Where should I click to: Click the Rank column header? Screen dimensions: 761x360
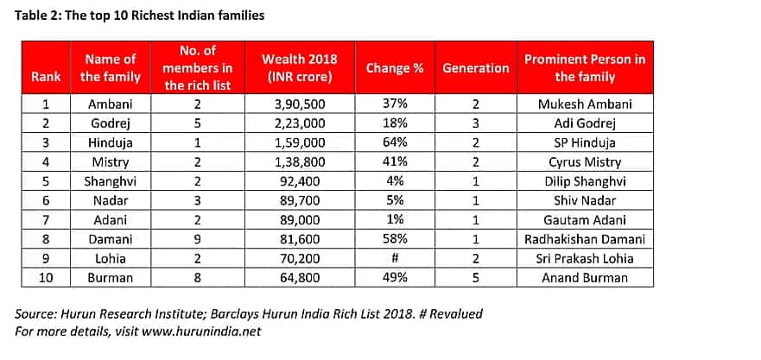[46, 77]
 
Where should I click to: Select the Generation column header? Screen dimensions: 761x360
[476, 68]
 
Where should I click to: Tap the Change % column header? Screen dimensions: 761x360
[395, 68]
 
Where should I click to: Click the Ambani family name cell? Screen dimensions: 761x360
[111, 104]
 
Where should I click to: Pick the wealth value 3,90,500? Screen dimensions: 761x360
[300, 104]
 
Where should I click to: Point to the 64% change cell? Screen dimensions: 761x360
[395, 142]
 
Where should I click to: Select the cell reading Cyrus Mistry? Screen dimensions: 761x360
[585, 162]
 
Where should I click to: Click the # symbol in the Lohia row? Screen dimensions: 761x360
[395, 258]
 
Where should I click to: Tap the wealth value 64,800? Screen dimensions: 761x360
[300, 277]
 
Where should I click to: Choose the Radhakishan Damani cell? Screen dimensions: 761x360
[585, 239]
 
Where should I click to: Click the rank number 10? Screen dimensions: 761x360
[46, 277]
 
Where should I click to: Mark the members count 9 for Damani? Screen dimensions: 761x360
[198, 239]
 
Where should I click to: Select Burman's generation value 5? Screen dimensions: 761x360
[476, 277]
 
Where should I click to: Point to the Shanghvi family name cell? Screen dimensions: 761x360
[111, 181]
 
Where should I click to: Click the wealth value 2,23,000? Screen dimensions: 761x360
[300, 123]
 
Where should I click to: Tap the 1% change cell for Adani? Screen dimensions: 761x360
[395, 220]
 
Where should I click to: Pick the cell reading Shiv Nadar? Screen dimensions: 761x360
[585, 200]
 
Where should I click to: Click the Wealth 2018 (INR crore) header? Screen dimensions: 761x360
[300, 68]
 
